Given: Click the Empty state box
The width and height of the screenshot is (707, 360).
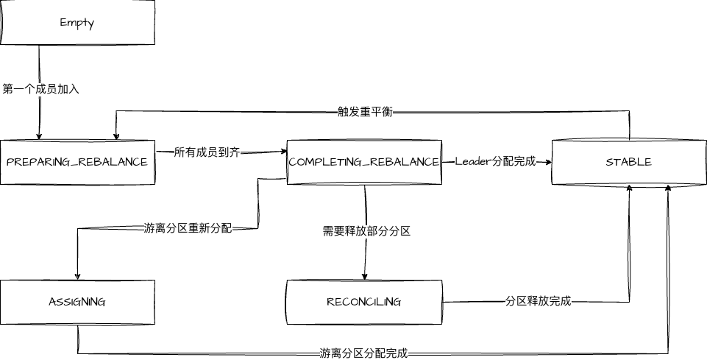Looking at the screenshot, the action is pos(77,22).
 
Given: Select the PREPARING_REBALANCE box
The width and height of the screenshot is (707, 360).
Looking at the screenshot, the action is pos(77,162).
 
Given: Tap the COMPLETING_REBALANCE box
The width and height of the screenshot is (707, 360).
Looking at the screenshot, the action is pos(364,162).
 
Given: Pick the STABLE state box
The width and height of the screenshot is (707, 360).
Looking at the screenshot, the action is pos(629,162).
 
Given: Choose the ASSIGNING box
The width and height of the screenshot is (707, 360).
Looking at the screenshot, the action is pos(77,302).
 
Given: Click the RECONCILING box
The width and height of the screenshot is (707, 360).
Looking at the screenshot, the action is pos(364,302).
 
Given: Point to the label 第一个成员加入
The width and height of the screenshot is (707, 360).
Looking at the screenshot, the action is pos(40,89).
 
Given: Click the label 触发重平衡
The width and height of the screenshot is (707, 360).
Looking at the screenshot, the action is pos(365,112).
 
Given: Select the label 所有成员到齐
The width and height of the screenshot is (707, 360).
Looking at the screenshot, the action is pos(207,152).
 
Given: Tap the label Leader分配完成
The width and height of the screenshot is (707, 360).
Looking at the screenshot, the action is pos(495,161).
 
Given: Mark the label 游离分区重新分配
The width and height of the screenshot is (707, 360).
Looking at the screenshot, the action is pos(188,228).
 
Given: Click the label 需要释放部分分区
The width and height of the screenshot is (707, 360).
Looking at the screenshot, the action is pos(366,231).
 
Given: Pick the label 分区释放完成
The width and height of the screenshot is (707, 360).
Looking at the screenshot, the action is pos(538,301).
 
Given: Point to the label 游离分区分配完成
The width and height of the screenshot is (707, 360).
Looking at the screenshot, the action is pos(363,353).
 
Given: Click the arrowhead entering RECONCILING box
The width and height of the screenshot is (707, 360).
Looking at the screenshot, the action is pos(365,276).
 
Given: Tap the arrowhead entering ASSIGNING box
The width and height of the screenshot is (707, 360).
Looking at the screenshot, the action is pos(77,276).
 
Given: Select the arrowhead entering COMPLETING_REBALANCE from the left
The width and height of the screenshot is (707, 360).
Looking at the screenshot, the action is pos(283,152).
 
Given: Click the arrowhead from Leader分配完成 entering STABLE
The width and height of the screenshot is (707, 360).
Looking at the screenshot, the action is pos(548,162).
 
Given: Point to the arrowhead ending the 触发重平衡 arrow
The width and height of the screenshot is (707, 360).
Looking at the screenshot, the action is pos(116,136).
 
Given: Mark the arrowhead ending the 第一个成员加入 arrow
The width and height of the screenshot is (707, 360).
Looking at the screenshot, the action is pos(39,136).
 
